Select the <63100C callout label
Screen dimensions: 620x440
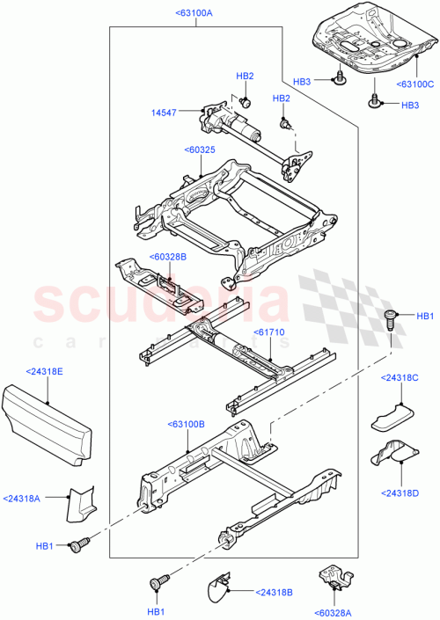tap(415, 84)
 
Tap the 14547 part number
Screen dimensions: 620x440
tap(165, 113)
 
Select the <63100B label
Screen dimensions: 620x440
tap(185, 424)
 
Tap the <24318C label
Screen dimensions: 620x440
tap(400, 378)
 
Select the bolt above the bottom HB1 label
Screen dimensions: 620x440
tap(159, 582)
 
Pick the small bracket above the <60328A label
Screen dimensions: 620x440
tap(333, 577)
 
